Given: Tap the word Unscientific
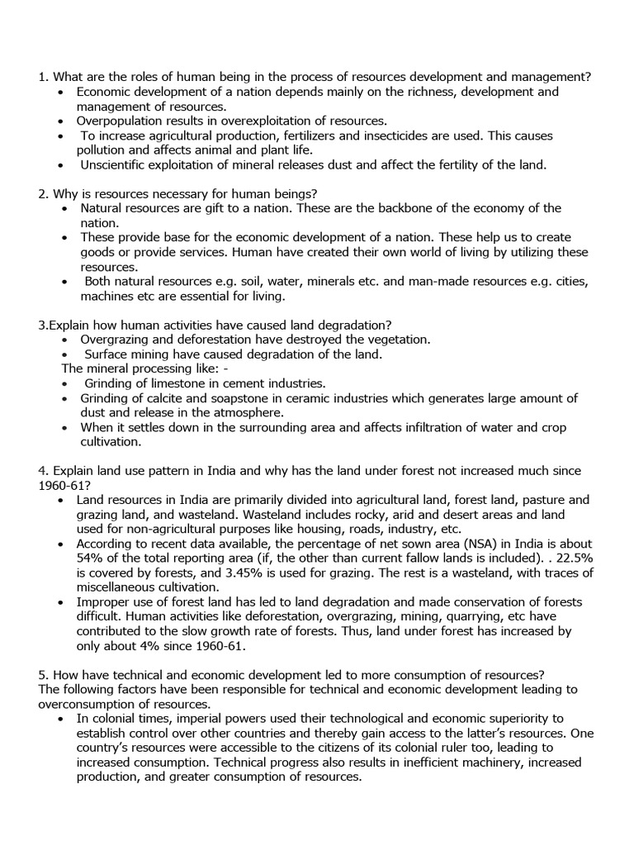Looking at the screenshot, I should point(116,165).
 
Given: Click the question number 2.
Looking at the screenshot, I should point(42,193).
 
